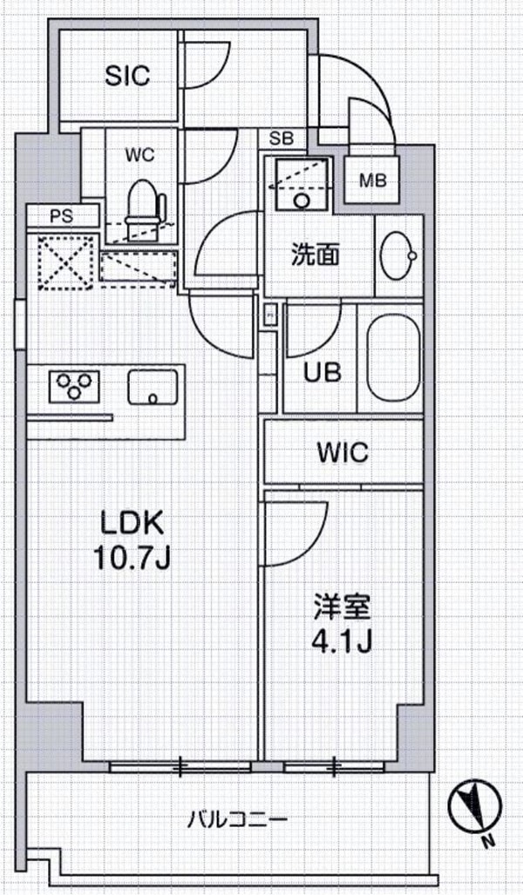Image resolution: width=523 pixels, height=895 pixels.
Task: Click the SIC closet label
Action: click(127, 76)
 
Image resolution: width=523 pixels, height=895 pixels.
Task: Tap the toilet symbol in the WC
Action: click(145, 205)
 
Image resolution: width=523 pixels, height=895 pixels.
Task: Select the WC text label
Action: click(139, 155)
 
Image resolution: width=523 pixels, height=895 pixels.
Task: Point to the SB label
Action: click(282, 139)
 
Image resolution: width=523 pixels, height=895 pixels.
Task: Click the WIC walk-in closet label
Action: click(343, 452)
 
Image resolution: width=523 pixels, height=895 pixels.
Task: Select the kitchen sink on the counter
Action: click(153, 386)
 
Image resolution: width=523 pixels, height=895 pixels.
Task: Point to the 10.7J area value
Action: click(132, 559)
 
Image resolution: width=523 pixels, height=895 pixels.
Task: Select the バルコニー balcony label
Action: click(237, 820)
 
